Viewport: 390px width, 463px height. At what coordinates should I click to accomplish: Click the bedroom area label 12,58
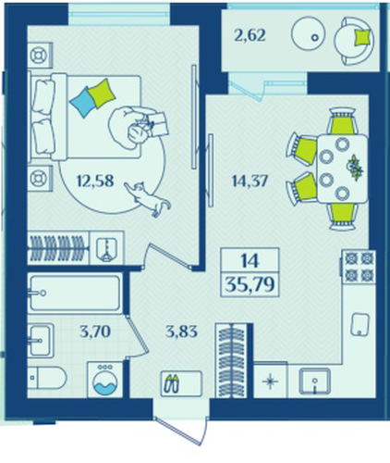pos(95,181)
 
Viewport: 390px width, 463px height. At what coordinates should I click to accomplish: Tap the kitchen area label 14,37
pos(250,181)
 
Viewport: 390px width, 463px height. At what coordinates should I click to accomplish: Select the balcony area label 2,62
pos(250,35)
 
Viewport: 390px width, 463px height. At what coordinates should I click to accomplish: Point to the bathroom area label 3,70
pos(95,332)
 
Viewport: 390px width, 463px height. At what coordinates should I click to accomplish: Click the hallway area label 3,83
pos(181,332)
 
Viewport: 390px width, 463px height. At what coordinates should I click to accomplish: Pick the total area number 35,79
pos(250,284)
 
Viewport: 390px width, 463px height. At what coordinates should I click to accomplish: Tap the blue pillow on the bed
pos(82,102)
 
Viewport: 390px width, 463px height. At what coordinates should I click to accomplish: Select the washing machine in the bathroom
pos(105,380)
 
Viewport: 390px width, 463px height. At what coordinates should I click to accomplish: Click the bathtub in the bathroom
pos(75,293)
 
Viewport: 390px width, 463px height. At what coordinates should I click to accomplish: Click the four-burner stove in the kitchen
pos(359,267)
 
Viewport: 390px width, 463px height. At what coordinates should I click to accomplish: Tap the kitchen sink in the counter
pos(314,382)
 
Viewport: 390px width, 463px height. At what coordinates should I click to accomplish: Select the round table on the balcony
pos(309,34)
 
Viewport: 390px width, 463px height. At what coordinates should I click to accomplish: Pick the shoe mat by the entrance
pos(181,383)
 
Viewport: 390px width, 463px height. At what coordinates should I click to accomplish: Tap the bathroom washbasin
pos(41,341)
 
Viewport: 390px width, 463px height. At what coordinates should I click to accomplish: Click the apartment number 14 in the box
pos(250,261)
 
